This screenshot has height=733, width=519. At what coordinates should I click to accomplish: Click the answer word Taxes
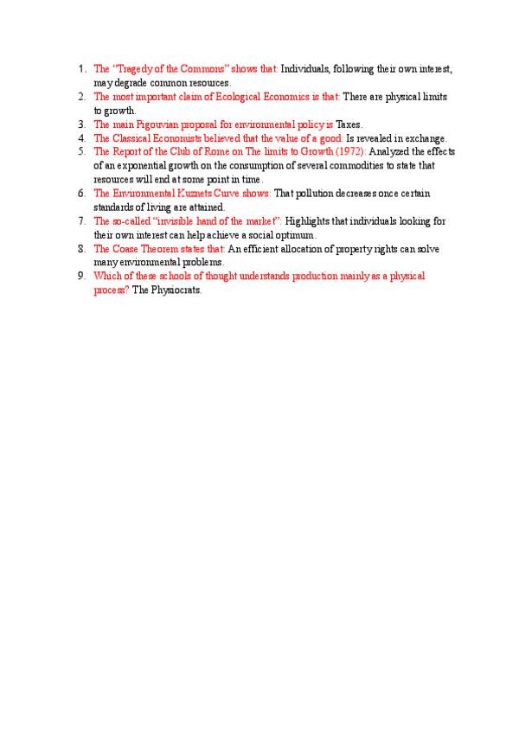[349, 124]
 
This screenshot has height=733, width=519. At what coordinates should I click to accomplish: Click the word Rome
[218, 152]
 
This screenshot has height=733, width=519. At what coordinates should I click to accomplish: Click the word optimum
[296, 235]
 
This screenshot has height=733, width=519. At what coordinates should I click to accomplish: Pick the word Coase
[124, 249]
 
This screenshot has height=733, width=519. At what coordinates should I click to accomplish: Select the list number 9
[80, 277]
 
